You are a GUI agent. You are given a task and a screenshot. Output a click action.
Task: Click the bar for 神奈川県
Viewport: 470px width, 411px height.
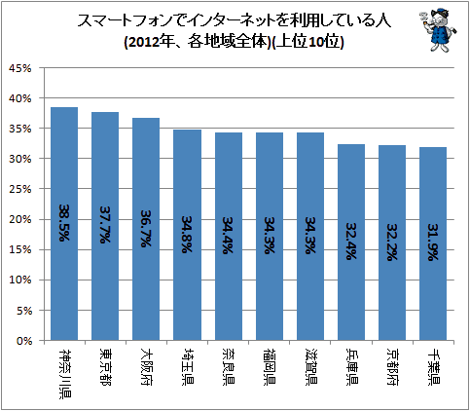point(64,224)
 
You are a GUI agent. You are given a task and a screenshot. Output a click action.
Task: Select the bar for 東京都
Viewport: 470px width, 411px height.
point(105,226)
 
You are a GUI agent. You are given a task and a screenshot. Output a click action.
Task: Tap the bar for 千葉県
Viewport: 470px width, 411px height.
point(433,243)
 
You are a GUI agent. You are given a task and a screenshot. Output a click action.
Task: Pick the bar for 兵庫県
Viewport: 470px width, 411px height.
point(351,243)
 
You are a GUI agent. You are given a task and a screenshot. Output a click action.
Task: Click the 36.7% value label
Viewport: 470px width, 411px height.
point(146,229)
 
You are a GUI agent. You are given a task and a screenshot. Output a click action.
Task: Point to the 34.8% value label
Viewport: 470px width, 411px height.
point(187,234)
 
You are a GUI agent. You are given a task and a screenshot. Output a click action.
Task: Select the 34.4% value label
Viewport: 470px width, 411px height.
point(228,235)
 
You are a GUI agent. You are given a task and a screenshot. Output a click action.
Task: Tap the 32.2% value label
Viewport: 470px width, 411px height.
point(392,243)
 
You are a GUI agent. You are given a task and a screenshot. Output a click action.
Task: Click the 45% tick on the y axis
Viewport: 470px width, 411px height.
point(20,68)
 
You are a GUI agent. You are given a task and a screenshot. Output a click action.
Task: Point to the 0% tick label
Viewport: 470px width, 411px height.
point(24,341)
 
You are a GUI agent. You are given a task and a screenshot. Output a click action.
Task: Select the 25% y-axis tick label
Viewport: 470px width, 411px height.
point(20,189)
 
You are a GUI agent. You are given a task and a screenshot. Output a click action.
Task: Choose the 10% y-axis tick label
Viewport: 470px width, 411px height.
point(20,280)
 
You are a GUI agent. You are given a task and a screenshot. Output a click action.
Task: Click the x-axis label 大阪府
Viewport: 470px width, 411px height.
point(146,366)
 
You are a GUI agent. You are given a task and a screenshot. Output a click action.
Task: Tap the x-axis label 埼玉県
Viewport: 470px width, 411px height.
point(187,366)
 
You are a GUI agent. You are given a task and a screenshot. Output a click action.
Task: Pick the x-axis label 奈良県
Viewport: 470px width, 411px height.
point(229,366)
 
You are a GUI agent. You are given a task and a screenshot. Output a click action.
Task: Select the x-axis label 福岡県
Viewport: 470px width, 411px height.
point(270,366)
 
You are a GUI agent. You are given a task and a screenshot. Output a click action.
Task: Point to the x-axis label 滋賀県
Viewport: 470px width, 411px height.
point(310,366)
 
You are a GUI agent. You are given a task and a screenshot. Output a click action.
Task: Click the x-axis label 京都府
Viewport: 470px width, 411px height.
point(392,366)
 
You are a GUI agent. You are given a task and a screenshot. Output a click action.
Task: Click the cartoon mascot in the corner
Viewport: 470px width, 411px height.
point(438,30)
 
